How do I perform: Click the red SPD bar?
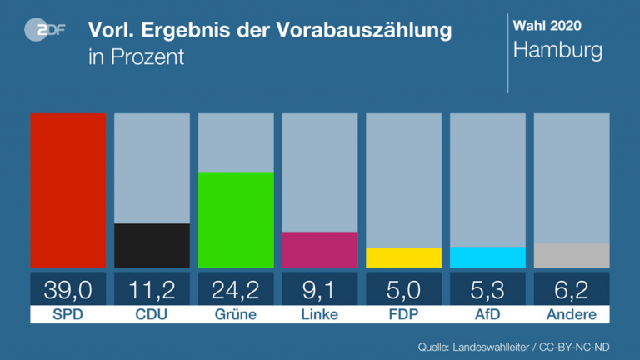click(68, 190)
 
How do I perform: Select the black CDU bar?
click(152, 246)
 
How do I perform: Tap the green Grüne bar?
click(236, 220)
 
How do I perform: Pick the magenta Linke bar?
click(320, 250)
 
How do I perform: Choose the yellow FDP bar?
click(404, 258)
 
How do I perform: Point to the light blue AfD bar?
click(487, 257)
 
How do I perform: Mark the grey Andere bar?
click(572, 256)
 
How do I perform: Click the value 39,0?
click(68, 289)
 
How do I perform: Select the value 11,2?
click(152, 289)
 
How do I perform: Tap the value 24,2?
click(236, 289)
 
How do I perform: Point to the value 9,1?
click(320, 289)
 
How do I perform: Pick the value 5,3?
click(487, 289)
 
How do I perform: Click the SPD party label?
click(68, 315)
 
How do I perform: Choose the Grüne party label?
click(236, 315)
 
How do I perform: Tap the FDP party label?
click(404, 315)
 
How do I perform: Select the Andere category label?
click(572, 315)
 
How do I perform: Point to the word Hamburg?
click(557, 51)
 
